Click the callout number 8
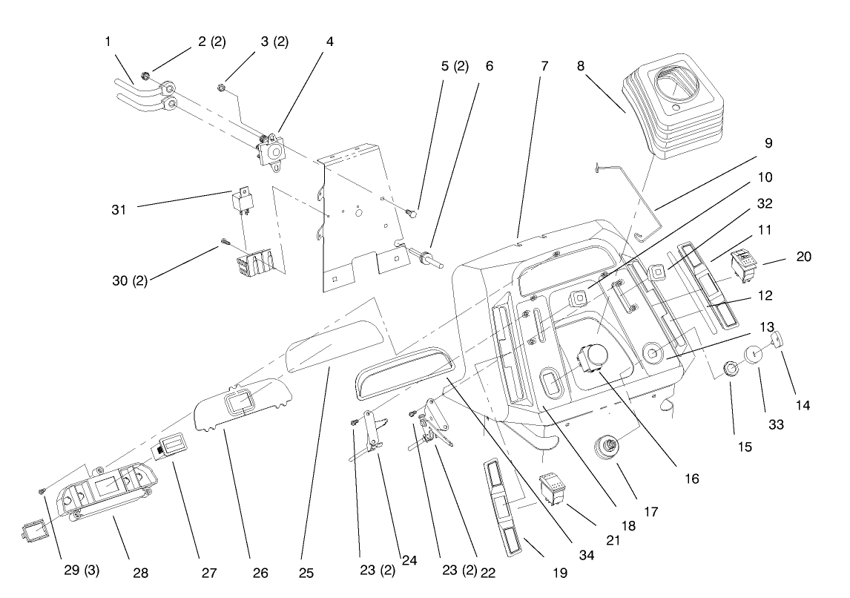tap(581, 65)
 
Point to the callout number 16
tap(692, 479)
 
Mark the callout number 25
tap(306, 574)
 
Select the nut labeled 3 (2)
tap(222, 90)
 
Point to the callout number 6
tap(489, 65)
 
